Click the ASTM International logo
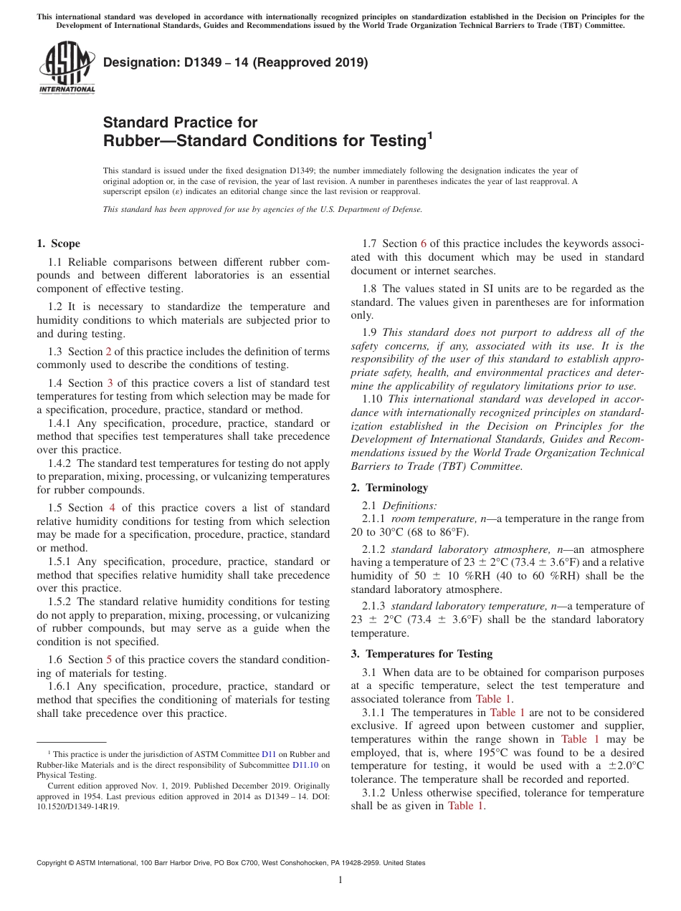pyautogui.click(x=66, y=68)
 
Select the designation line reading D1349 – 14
pyautogui.click(x=235, y=62)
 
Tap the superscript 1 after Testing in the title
pyautogui.click(x=429, y=135)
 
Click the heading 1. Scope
pyautogui.click(x=59, y=244)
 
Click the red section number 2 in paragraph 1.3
pyautogui.click(x=109, y=352)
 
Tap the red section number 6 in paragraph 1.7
pyautogui.click(x=423, y=244)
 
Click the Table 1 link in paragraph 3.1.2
pyautogui.click(x=466, y=806)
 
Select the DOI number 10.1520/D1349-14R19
pyautogui.click(x=78, y=806)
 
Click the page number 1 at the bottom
pyautogui.click(x=340, y=880)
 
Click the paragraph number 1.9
pyautogui.click(x=370, y=332)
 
